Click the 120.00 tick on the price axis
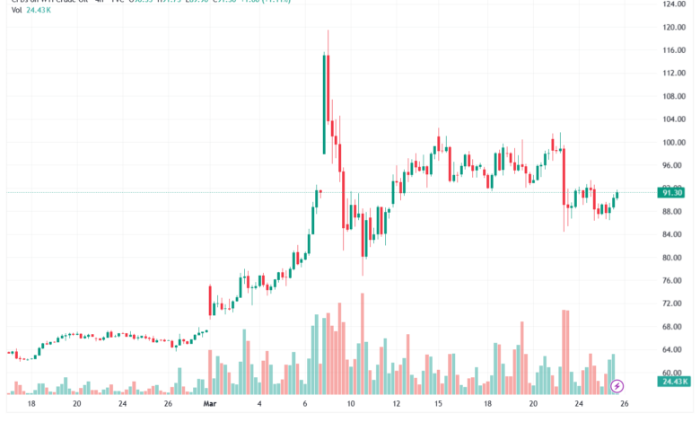(x=673, y=27)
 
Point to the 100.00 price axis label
(x=673, y=143)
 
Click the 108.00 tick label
(x=673, y=97)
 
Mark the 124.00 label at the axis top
(x=673, y=4)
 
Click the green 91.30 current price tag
(x=672, y=192)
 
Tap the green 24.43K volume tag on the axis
(x=672, y=382)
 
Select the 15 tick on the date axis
(x=438, y=405)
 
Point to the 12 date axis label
(x=396, y=405)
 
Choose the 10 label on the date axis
(x=351, y=405)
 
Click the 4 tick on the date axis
(x=259, y=405)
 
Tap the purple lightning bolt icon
(x=617, y=386)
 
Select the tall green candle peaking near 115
(x=324, y=103)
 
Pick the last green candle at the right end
(x=617, y=197)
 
